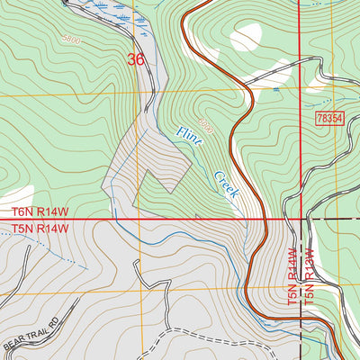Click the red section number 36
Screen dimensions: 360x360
136,60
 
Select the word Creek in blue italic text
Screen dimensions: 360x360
225,184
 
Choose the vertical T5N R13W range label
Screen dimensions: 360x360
309,278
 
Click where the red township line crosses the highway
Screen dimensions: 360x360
266,219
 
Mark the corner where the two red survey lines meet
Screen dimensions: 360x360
301,219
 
